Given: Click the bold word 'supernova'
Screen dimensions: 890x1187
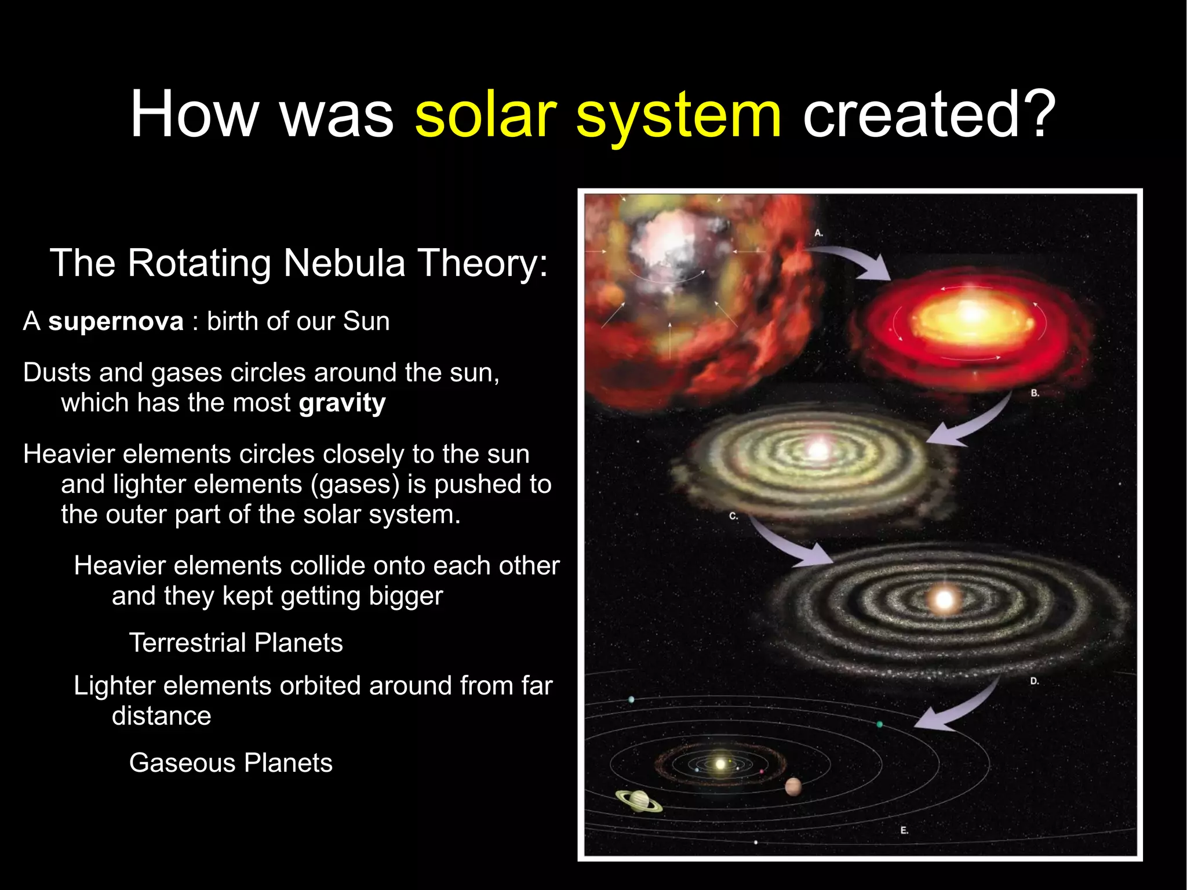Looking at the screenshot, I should pyautogui.click(x=115, y=322).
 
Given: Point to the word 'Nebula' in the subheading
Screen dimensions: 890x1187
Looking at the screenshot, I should pyautogui.click(x=344, y=263).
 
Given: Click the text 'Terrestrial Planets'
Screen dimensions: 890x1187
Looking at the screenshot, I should pyautogui.click(x=236, y=643).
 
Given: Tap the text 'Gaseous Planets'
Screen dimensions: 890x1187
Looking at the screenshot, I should pyautogui.click(x=231, y=763).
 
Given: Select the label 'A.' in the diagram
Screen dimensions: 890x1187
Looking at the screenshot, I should pyautogui.click(x=818, y=233).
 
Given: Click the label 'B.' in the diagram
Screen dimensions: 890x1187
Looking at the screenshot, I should pyautogui.click(x=1035, y=394).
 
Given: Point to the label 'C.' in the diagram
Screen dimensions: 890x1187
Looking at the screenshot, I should pyautogui.click(x=733, y=516).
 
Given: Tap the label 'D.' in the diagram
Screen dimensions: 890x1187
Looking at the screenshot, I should pyautogui.click(x=1035, y=681).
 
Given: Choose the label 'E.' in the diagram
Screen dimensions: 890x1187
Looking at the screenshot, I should pyautogui.click(x=904, y=831).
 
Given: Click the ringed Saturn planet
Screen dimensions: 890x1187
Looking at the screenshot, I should pyautogui.click(x=639, y=801).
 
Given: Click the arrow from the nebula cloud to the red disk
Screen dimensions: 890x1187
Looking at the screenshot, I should pyautogui.click(x=852, y=261).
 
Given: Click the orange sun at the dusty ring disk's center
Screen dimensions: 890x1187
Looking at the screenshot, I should pyautogui.click(x=944, y=600).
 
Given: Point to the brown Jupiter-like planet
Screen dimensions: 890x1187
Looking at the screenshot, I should pyautogui.click(x=793, y=787).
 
